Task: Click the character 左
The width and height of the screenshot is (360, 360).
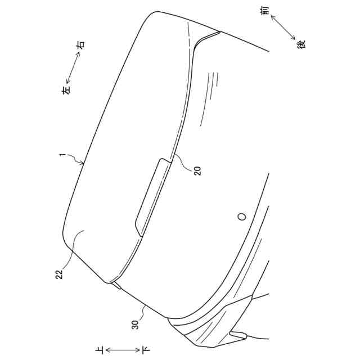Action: (66, 89)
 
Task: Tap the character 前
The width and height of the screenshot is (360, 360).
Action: (266, 10)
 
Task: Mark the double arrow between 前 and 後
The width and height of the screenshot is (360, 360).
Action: (283, 26)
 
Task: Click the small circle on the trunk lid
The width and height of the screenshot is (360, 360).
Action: (242, 216)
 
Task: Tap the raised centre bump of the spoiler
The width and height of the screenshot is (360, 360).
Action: (152, 194)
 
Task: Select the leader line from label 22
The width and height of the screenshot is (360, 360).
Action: (73, 253)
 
